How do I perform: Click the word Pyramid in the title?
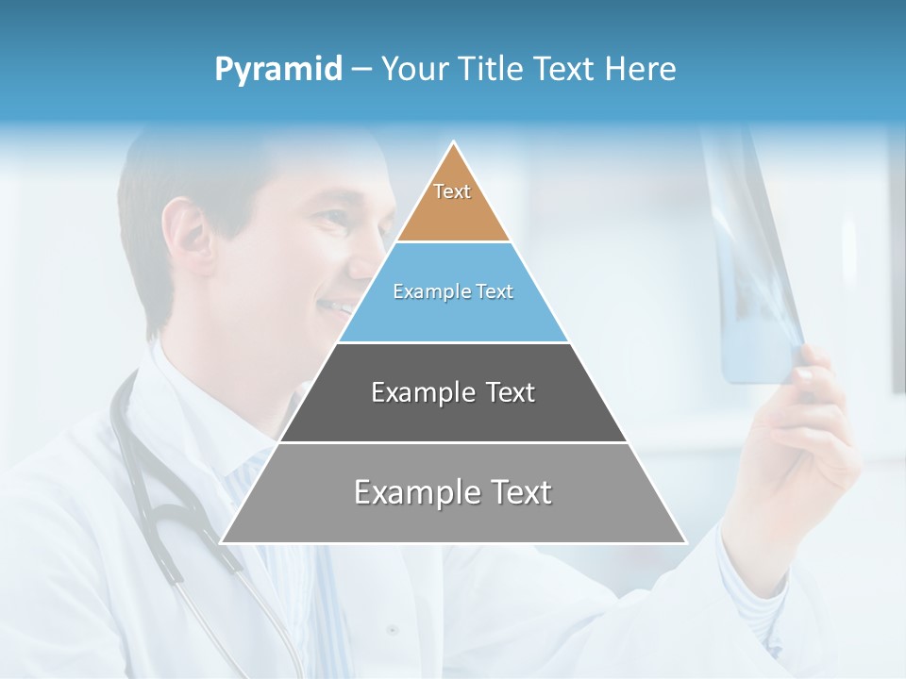[277, 70]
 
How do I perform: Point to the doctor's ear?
[186, 236]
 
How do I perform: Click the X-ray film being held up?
[755, 273]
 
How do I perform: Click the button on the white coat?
[391, 629]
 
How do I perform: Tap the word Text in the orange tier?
[452, 191]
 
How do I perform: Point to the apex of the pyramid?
[454, 144]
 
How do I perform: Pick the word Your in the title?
[412, 70]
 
